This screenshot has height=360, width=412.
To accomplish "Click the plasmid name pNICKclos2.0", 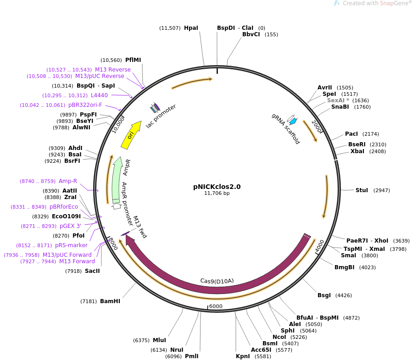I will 217,187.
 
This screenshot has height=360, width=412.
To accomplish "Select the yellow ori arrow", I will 131,135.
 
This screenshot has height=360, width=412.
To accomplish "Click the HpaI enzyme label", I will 191,28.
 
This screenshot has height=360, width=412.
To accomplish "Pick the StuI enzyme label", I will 362,190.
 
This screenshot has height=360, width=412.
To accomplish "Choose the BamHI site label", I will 110,301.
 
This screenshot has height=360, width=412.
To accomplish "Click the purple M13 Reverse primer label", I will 113,70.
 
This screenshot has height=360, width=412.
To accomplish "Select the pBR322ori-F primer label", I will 85,105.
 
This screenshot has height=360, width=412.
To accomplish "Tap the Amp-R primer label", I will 68,181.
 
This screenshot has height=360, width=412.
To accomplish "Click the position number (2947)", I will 382,190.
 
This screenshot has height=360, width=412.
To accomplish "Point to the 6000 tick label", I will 216,306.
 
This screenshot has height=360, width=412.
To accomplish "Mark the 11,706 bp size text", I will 217,194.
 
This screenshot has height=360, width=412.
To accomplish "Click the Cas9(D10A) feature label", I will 217,281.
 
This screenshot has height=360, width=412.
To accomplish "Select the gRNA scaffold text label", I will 286,129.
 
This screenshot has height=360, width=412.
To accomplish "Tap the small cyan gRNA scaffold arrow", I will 293,122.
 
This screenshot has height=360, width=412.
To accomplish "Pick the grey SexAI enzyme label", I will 338,100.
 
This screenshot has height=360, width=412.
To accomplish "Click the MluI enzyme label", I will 159,340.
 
